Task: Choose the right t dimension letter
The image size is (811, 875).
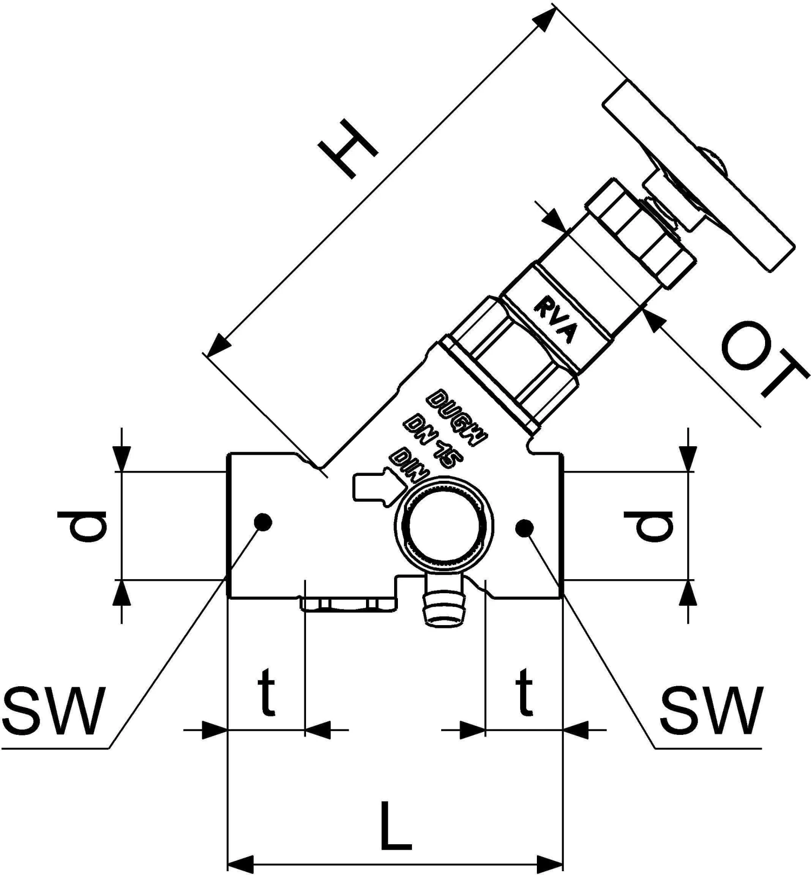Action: click(x=523, y=693)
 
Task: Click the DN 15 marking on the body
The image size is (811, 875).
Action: click(x=433, y=441)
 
